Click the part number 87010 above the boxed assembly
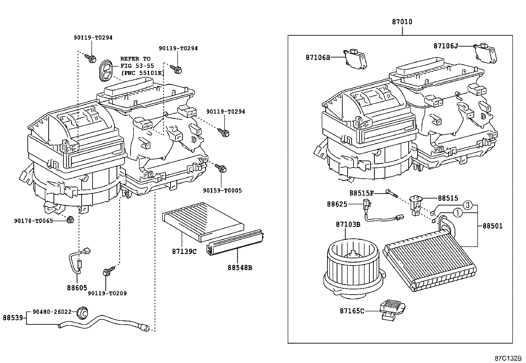point(402,22)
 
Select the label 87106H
point(318,57)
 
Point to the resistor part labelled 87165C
point(393,309)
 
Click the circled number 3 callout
point(468,205)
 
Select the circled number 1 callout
point(457,213)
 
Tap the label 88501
point(492,226)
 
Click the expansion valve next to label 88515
point(416,205)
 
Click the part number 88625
point(337,204)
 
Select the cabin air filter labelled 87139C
point(203,222)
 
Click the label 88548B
point(240,268)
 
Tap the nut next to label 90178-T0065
point(70,220)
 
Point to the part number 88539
point(13,318)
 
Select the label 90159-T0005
point(222,191)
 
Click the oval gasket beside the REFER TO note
point(106,70)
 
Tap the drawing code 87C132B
point(508,358)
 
